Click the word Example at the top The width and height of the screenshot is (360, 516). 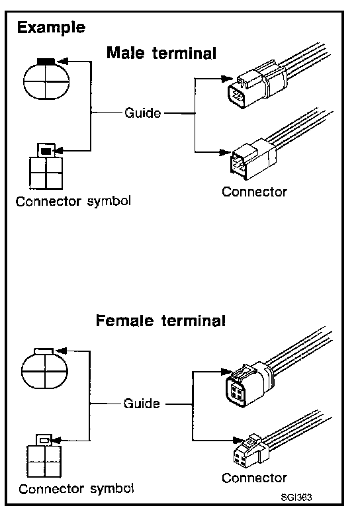[51, 28]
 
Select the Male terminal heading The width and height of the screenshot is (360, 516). [161, 53]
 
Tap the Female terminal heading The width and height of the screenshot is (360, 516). [161, 321]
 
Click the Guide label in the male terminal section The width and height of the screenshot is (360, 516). [142, 113]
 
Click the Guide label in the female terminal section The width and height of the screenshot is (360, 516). [142, 404]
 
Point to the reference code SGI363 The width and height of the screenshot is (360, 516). [296, 497]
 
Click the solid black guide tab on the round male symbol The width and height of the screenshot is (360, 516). [46, 62]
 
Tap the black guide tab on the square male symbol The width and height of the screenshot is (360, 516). [46, 151]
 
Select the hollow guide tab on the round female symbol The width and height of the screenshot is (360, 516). [44, 351]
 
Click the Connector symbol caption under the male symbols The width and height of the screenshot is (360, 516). [73, 201]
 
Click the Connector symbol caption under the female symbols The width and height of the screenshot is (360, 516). [76, 489]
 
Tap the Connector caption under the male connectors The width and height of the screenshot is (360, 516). [254, 192]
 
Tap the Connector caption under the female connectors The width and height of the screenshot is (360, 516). [254, 478]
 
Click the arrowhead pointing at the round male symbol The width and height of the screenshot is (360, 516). [62, 62]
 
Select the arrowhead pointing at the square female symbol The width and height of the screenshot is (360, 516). [57, 440]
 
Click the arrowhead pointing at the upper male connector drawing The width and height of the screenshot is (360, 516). [227, 79]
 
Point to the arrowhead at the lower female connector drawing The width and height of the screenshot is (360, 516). [239, 441]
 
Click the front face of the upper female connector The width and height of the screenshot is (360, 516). [236, 392]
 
